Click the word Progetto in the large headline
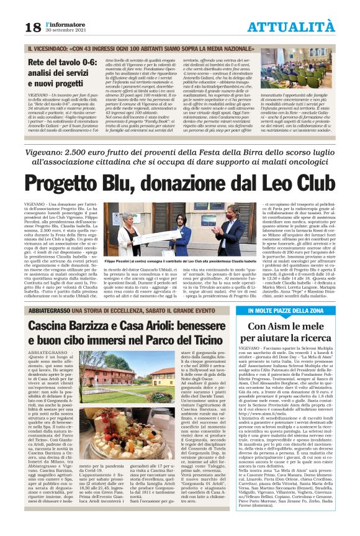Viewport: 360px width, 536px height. (x=80, y=184)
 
